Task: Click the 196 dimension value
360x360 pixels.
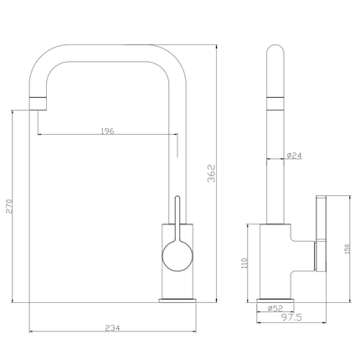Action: pyautogui.click(x=107, y=131)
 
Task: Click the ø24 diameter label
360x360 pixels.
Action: pyautogui.click(x=294, y=156)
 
